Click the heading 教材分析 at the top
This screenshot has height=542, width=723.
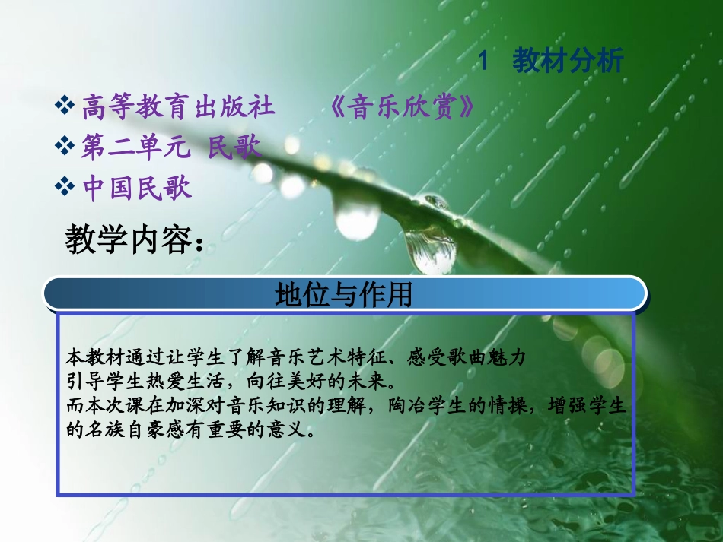(568, 61)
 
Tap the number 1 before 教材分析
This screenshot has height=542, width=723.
(483, 62)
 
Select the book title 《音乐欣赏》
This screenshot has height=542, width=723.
(403, 108)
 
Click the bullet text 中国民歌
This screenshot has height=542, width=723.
(137, 188)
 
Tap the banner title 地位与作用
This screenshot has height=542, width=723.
(343, 293)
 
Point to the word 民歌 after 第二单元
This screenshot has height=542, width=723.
(235, 147)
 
